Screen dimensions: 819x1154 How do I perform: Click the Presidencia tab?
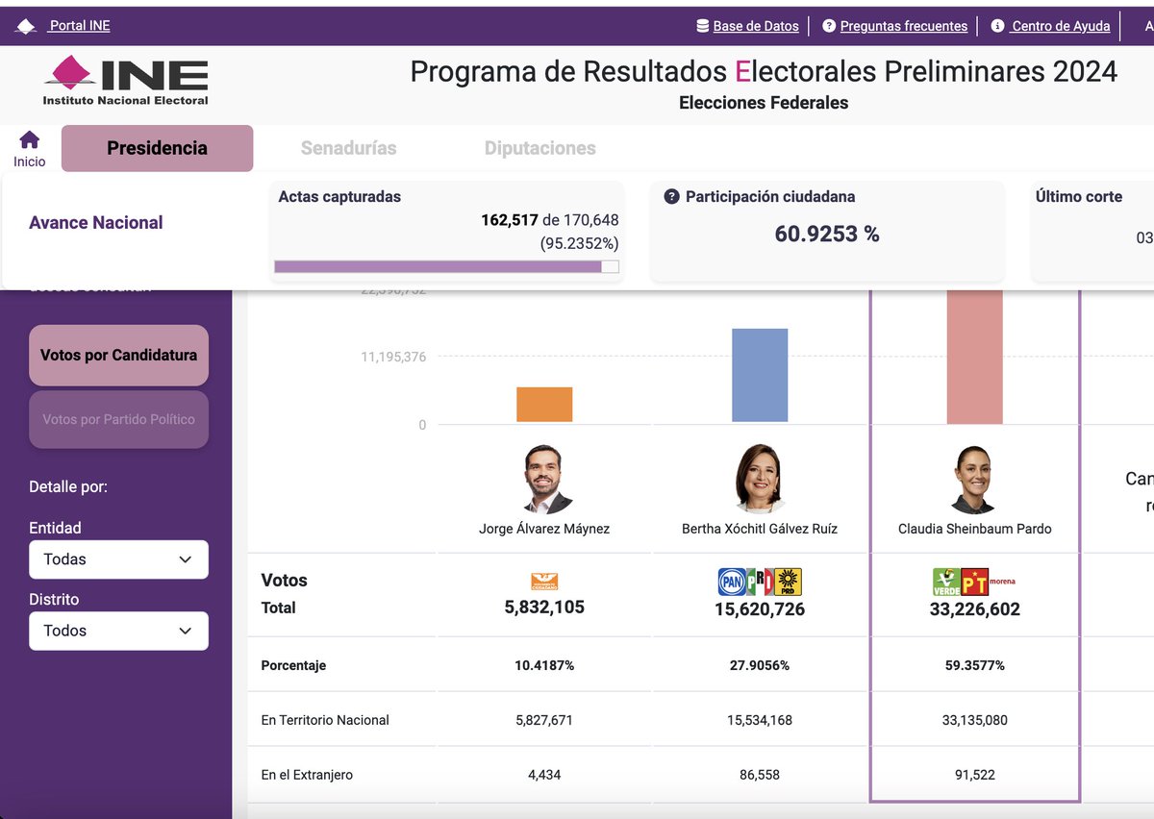(x=157, y=148)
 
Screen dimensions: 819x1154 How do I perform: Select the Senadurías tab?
(x=348, y=148)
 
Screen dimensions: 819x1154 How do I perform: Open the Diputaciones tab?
(x=539, y=148)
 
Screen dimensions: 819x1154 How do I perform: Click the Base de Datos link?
(x=755, y=26)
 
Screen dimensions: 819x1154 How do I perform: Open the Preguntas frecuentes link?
(x=903, y=26)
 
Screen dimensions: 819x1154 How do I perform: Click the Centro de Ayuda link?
(x=1060, y=26)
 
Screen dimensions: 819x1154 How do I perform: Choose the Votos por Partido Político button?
(x=118, y=419)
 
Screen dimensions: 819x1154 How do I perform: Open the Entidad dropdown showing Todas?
(x=118, y=559)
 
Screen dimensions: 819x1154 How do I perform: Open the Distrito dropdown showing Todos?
(x=118, y=631)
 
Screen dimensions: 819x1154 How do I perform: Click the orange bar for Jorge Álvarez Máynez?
(x=544, y=405)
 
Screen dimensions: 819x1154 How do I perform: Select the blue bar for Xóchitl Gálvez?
(x=760, y=375)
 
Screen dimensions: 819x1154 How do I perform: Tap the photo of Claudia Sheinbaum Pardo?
(x=974, y=480)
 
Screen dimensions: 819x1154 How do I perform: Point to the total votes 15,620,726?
(x=760, y=609)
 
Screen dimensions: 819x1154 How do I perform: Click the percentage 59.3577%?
(x=974, y=665)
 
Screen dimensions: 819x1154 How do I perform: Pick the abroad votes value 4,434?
(x=544, y=775)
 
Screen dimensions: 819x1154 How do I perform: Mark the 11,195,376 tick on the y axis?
(x=393, y=357)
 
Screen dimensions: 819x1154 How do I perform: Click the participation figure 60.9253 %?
(x=827, y=234)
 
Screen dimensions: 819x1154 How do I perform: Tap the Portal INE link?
(x=80, y=26)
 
